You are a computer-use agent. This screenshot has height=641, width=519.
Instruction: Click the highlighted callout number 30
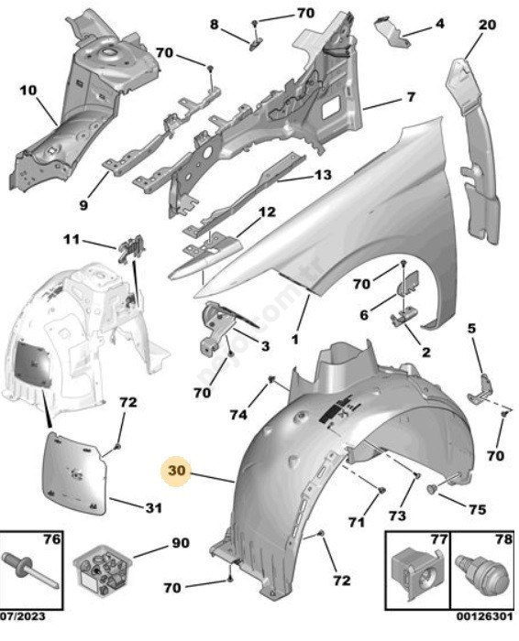[x=177, y=470]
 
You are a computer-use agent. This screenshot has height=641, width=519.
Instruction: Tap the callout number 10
[x=28, y=90]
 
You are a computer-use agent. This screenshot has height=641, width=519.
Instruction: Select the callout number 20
[x=487, y=25]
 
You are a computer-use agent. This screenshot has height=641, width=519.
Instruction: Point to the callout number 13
[x=323, y=175]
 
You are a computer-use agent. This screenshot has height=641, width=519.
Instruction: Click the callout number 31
[x=153, y=507]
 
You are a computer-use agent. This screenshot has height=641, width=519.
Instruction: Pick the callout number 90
[x=181, y=543]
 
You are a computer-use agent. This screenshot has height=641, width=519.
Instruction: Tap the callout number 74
[x=238, y=415]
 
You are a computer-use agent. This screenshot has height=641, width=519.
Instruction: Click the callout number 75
[x=477, y=509]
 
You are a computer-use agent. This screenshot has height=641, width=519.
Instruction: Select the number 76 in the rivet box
[x=52, y=539]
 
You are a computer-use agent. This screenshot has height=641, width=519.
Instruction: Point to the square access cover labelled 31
[x=75, y=474]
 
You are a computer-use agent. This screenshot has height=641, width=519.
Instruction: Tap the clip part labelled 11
[x=132, y=248]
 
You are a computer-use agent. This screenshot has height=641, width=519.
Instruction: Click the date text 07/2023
[x=23, y=615]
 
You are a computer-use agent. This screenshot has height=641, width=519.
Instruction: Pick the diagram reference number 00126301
[x=485, y=615]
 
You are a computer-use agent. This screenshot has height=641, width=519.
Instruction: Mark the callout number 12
[x=267, y=212]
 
